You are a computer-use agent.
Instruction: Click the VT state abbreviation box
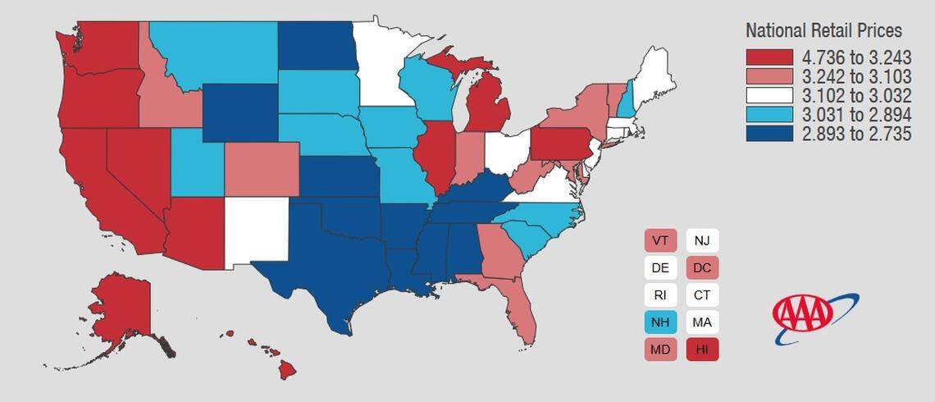[659, 241]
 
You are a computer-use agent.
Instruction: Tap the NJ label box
[702, 241]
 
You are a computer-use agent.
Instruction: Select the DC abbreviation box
[702, 267]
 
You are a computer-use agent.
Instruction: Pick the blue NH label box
[659, 322]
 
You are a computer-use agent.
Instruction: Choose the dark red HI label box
[702, 349]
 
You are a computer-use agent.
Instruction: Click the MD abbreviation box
[659, 349]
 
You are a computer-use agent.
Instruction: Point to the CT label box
[702, 295]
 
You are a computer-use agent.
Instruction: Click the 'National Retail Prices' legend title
[823, 31]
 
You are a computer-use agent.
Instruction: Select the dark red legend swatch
[769, 57]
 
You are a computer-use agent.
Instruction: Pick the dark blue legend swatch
[769, 134]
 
